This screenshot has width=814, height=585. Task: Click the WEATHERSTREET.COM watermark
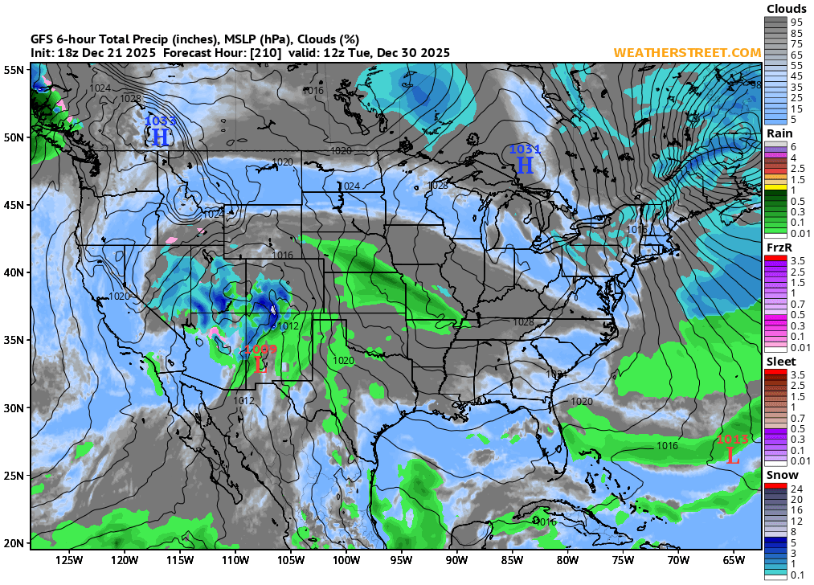687,52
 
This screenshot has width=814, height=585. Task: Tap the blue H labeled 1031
525,165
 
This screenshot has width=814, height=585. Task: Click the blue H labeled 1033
160,137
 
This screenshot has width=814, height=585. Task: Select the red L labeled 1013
732,456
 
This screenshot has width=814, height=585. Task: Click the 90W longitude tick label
456,560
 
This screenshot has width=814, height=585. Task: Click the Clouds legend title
787,10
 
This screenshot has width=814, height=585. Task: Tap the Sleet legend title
780,362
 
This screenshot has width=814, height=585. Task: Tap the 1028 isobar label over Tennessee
523,321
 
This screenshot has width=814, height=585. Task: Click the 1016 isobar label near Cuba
545,522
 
